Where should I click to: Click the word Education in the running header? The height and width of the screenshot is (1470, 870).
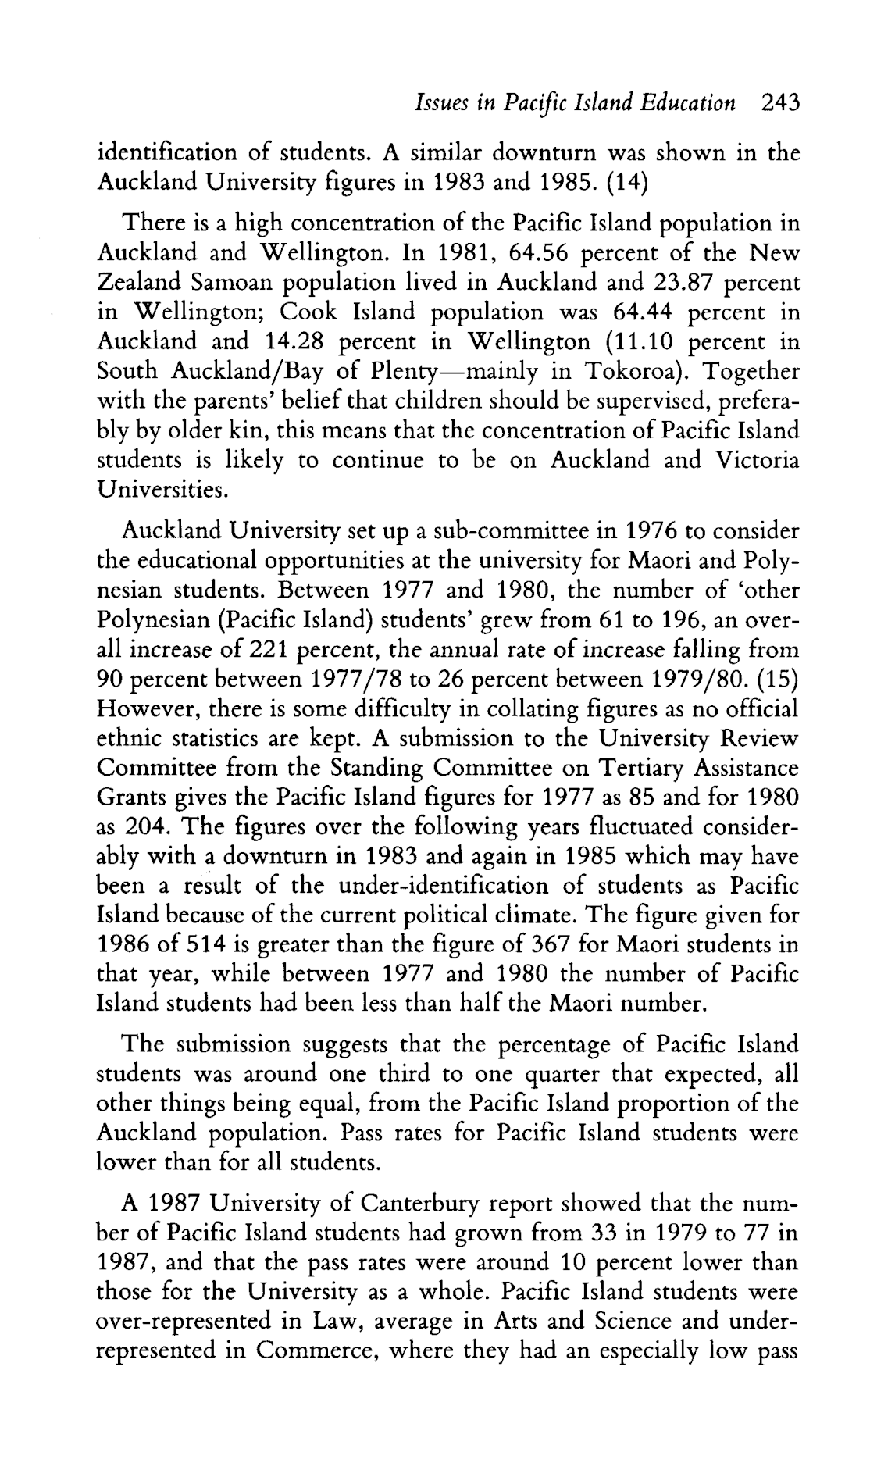click(x=690, y=102)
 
